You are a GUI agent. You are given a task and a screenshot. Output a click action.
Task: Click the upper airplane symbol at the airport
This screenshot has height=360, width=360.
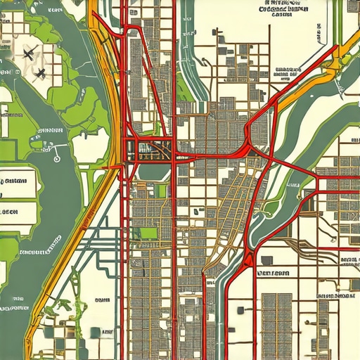[29, 52]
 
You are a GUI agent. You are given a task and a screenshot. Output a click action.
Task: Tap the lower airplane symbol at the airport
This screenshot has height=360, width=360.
[39, 72]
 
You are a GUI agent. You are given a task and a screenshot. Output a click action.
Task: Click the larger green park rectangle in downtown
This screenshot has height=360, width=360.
[149, 233]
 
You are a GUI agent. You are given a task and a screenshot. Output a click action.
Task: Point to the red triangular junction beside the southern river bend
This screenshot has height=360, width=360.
[245, 259]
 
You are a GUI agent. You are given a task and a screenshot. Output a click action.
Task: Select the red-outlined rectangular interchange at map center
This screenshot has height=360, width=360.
[149, 148]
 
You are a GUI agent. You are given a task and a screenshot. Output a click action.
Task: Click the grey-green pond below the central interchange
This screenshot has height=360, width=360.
[151, 171]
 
